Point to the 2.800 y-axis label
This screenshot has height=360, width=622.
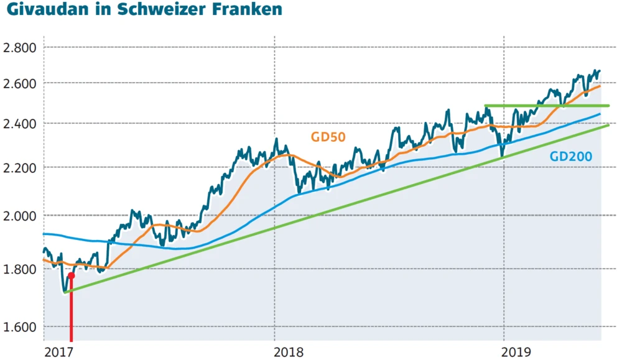pyautogui.click(x=20, y=47)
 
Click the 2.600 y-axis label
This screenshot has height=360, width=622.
pyautogui.click(x=20, y=83)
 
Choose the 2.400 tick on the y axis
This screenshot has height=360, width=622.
pyautogui.click(x=20, y=124)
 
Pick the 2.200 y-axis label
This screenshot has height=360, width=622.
pyautogui.click(x=20, y=168)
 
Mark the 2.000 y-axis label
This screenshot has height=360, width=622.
pyautogui.click(x=20, y=216)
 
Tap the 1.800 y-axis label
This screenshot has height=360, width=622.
pyautogui.click(x=20, y=269)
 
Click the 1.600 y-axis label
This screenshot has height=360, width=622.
pyautogui.click(x=20, y=327)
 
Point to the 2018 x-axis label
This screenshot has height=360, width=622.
pyautogui.click(x=289, y=352)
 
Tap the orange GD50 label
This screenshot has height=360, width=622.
pyautogui.click(x=328, y=136)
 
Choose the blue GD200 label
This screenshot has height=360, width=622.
pyautogui.click(x=570, y=157)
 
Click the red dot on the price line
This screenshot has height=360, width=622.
pyautogui.click(x=72, y=275)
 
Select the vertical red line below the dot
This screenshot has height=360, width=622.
pyautogui.click(x=72, y=311)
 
